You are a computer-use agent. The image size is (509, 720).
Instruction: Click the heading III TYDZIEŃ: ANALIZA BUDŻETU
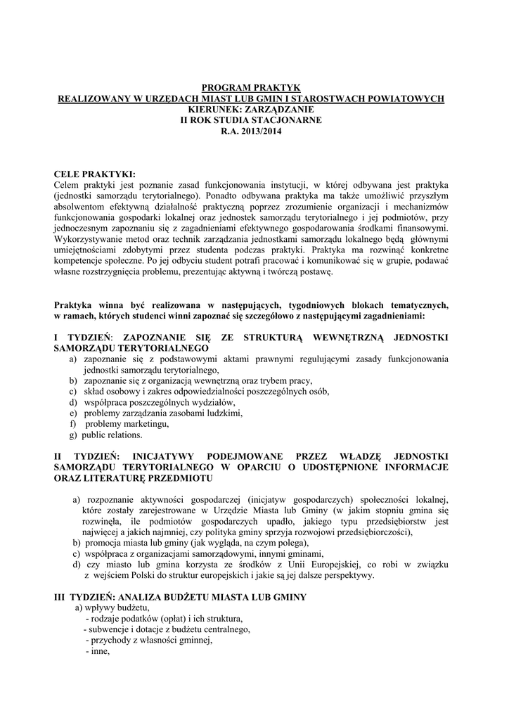coord(180,597)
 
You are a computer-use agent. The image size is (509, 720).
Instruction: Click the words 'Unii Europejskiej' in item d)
coord(356,564)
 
